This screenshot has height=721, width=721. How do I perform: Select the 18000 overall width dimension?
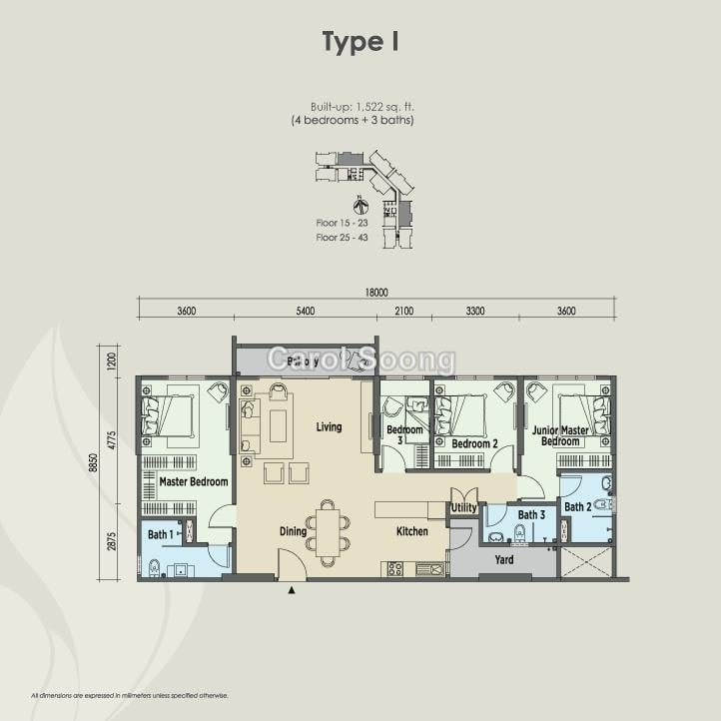[375, 293]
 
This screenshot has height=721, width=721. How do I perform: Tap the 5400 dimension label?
[305, 312]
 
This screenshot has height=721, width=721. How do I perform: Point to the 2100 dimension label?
[403, 312]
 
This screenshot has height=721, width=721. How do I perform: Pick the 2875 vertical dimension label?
[113, 540]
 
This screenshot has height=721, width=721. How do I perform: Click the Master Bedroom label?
[194, 481]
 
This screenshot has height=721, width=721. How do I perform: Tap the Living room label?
[329, 427]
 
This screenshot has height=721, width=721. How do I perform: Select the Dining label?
[293, 532]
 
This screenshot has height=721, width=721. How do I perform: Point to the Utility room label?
[463, 508]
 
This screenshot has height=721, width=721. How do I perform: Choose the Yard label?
[504, 560]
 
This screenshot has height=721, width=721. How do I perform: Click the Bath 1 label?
[161, 535]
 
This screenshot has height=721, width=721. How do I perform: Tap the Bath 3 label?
[531, 515]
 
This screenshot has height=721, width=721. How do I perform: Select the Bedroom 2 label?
[474, 443]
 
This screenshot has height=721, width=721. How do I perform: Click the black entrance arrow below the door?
[292, 591]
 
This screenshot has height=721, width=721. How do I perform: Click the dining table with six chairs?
[328, 529]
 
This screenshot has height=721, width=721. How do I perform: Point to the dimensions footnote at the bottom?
[130, 695]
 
